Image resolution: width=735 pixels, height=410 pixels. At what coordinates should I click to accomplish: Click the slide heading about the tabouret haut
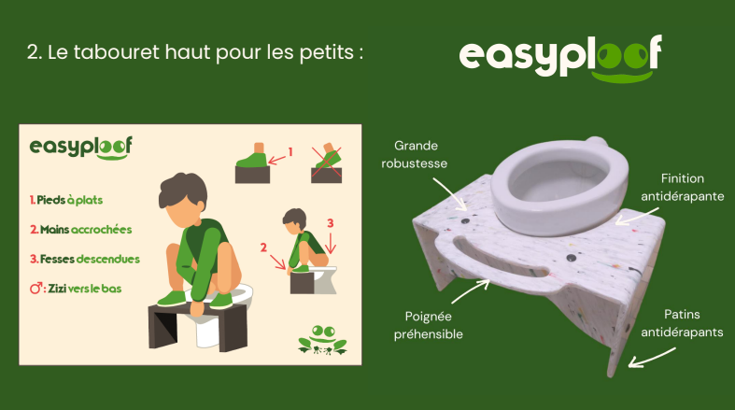[195, 52]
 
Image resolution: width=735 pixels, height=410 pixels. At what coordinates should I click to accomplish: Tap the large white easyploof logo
[560, 58]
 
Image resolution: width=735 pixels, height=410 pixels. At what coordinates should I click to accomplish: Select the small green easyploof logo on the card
[80, 148]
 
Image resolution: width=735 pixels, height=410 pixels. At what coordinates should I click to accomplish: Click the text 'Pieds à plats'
[66, 200]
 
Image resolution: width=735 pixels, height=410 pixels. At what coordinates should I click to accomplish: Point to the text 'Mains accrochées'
[81, 230]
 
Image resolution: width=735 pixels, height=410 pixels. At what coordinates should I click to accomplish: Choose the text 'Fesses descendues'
[85, 259]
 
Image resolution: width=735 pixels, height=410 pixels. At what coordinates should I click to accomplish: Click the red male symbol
[36, 289]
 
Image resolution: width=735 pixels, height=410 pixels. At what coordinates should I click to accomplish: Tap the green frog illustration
[322, 339]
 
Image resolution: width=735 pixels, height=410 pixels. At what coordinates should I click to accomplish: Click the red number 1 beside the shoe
[290, 152]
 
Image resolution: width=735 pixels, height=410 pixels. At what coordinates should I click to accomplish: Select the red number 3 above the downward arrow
[330, 223]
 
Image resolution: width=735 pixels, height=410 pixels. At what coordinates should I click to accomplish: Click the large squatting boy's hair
[182, 190]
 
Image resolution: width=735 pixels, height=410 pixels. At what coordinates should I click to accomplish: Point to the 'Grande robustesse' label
[415, 155]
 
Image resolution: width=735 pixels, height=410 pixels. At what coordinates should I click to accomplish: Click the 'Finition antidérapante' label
[683, 188]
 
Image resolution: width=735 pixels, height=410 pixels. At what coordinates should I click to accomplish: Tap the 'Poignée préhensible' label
[429, 325]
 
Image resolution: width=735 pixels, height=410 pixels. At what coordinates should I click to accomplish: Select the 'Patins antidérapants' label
[682, 323]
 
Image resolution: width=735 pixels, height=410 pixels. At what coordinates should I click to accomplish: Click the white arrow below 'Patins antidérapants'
[652, 358]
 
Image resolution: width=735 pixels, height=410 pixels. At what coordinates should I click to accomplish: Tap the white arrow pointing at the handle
[471, 291]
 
